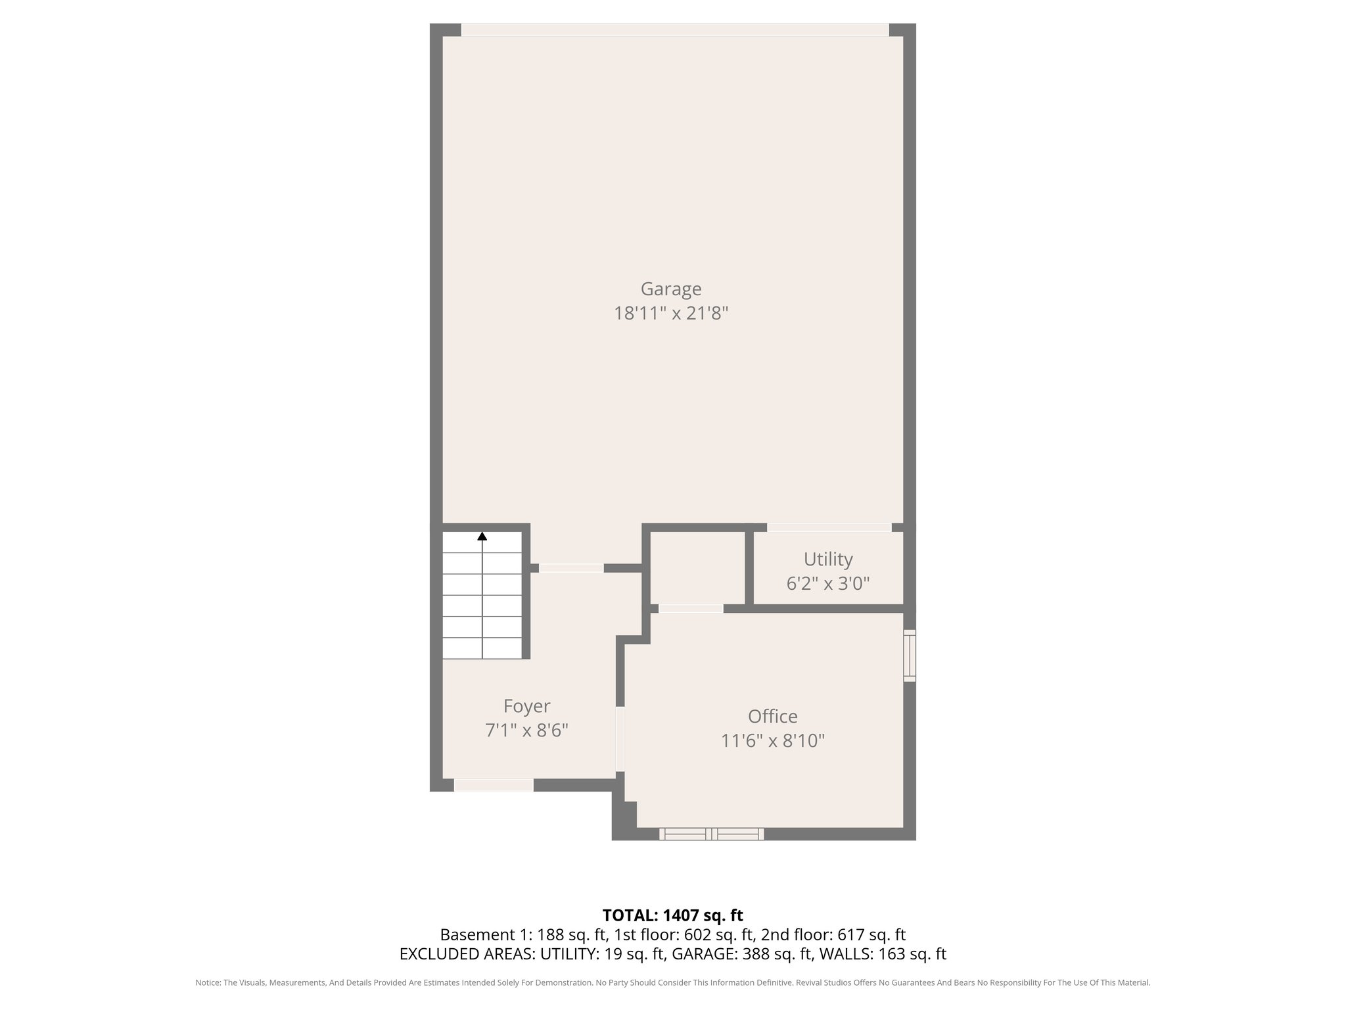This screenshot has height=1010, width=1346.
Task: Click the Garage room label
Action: click(671, 289)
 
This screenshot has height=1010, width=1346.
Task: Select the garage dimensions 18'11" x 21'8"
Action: click(671, 314)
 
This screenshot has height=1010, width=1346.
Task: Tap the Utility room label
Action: click(828, 560)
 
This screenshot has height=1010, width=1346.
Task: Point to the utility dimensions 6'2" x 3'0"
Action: click(828, 583)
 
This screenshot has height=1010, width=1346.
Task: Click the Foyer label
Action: click(526, 706)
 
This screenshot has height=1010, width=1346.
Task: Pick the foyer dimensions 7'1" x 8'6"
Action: click(526, 731)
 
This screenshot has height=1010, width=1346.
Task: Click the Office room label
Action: click(772, 717)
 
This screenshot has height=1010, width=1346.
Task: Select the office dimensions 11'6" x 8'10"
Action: click(772, 741)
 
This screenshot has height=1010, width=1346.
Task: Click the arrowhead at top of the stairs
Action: click(482, 536)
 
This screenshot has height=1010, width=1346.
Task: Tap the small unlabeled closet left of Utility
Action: click(697, 567)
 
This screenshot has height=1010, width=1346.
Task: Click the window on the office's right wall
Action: click(910, 655)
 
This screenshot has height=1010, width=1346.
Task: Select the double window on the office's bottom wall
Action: click(711, 834)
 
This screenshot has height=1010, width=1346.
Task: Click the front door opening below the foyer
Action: click(494, 784)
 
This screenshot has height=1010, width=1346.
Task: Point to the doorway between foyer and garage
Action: click(571, 567)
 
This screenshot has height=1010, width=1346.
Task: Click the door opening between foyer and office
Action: click(620, 739)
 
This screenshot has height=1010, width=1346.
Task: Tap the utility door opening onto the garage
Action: click(829, 527)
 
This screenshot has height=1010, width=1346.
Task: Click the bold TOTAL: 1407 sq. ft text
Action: click(672, 915)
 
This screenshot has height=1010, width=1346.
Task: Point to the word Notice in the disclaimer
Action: click(208, 983)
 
